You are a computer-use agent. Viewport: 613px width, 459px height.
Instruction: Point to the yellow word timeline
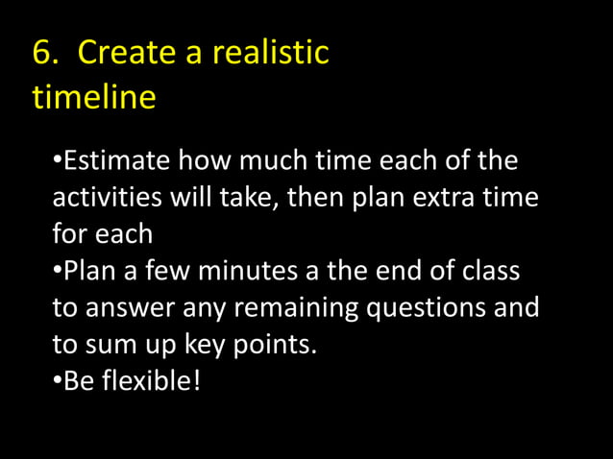click(94, 98)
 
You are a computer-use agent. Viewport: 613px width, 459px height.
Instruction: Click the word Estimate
click(117, 159)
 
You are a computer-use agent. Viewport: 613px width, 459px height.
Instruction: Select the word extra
click(448, 197)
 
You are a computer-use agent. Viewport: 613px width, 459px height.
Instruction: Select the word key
click(203, 345)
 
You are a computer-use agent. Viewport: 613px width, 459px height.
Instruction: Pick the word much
click(279, 159)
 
